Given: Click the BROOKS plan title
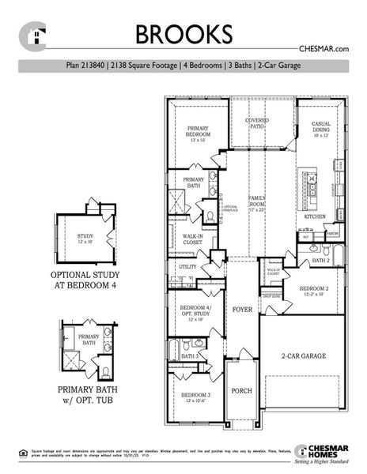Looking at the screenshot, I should (183, 34).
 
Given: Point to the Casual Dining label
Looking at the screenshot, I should (321, 129).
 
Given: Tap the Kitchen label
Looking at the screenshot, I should (316, 216).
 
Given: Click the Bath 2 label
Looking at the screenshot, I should (320, 260).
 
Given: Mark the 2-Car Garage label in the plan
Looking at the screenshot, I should (302, 357).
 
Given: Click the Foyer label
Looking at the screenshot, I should (241, 310).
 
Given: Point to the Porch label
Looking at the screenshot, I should (241, 390).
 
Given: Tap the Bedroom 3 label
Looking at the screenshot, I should (195, 397).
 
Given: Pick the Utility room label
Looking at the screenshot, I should (187, 267).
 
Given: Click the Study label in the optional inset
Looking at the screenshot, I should (85, 239).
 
